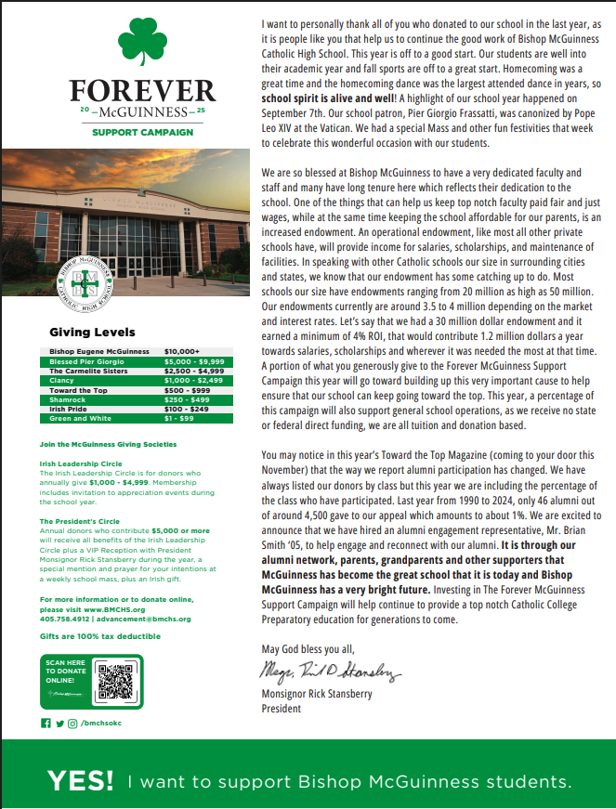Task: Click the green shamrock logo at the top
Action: [141, 45]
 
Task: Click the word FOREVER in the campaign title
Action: [142, 92]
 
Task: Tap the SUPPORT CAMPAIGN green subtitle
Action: [142, 132]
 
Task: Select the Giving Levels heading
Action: [92, 332]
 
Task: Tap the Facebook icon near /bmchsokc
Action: [45, 722]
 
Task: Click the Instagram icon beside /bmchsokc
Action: [72, 722]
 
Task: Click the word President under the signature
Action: [282, 709]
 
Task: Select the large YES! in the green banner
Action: [81, 781]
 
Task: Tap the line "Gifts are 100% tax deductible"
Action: [99, 635]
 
